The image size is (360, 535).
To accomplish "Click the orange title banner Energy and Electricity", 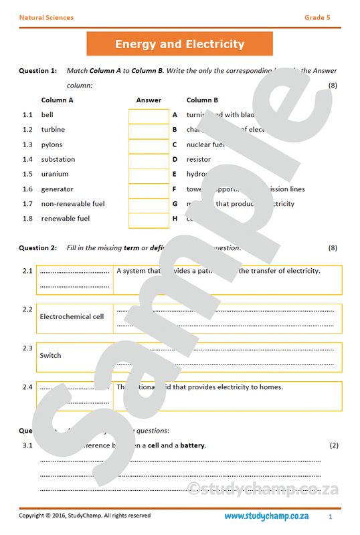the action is (x=179, y=44).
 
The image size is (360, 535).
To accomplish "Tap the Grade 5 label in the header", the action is (x=317, y=17).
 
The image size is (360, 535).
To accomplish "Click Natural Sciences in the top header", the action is (x=46, y=17).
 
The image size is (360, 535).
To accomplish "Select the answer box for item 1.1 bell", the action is (x=149, y=115).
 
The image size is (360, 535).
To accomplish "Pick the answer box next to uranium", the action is (x=149, y=174).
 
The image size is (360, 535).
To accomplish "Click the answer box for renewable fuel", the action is (x=149, y=219).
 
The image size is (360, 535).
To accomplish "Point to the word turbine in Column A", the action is (x=53, y=130).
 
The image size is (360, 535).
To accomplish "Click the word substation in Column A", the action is (x=58, y=159).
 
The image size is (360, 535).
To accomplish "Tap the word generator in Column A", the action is (x=57, y=189).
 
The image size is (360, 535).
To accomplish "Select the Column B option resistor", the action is (x=199, y=159).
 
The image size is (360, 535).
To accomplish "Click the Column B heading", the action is (x=202, y=100).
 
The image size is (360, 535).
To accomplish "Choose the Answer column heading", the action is (x=149, y=100).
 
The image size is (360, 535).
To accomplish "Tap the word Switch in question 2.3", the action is (x=50, y=355).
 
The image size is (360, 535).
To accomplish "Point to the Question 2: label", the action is (x=37, y=248).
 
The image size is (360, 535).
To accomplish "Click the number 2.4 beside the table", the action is (x=27, y=387).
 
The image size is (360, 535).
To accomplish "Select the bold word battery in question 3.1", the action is (x=193, y=445).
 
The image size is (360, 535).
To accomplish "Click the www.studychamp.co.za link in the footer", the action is (x=266, y=516).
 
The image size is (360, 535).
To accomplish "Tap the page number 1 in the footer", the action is (x=330, y=517).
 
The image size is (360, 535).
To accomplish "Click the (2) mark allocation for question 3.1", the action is (x=334, y=445).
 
